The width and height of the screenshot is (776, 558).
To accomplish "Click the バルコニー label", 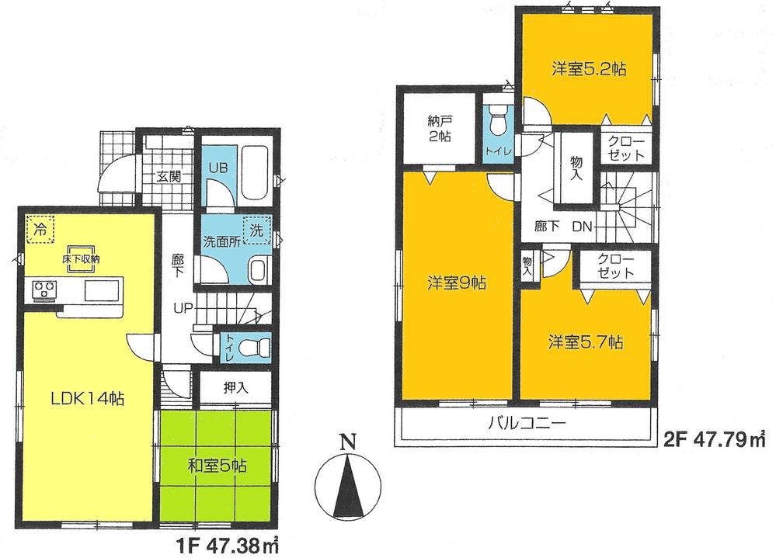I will point(525,425).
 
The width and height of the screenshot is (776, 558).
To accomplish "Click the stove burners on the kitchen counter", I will point(43,292).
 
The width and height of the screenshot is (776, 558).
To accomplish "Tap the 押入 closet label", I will point(236,388).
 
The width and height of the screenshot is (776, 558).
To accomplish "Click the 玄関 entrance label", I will point(169,176).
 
